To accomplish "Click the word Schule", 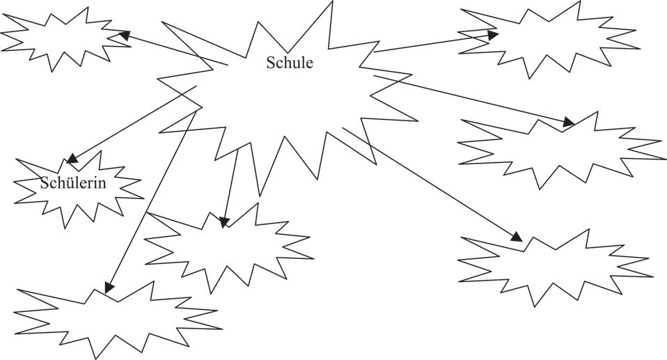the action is click(290, 63).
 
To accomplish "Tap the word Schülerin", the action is click(72, 184).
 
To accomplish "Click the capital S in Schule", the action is click(270, 63).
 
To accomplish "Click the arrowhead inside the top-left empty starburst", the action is click(125, 34).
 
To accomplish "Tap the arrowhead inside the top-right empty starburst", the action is click(493, 33).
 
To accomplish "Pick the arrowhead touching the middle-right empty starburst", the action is click(569, 123).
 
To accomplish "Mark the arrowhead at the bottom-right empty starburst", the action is click(516, 237).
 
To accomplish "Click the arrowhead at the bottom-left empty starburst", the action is click(109, 287).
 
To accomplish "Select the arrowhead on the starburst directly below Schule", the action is click(223, 222).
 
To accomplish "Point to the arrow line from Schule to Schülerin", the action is click(132, 123).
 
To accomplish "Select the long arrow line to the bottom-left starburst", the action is click(150, 202).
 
